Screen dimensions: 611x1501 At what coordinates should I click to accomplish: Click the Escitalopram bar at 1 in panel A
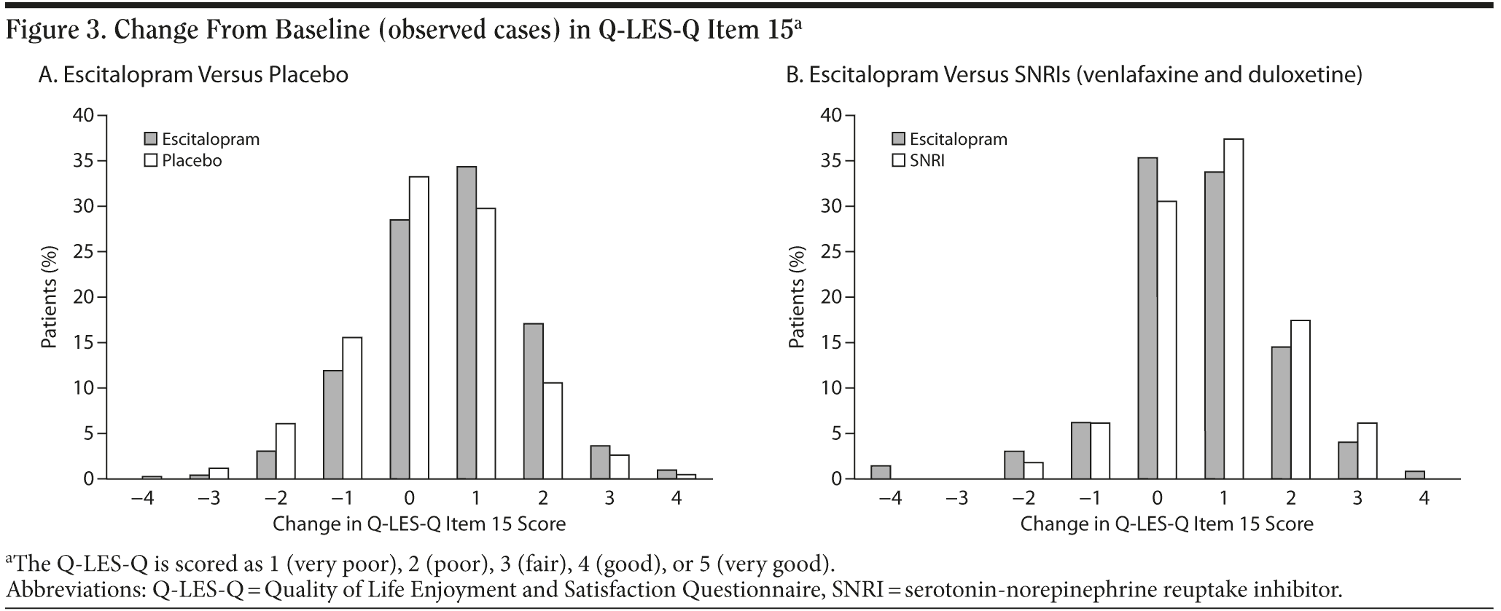point(467,323)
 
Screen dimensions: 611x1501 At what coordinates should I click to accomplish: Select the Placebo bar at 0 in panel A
point(418,328)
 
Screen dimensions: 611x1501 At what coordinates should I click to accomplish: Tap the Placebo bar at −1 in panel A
point(351,408)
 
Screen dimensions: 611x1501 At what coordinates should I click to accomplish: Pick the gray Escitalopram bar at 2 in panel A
point(533,401)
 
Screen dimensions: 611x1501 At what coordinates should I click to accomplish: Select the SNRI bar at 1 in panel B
point(1233,309)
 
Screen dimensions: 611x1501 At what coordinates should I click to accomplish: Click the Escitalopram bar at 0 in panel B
point(1147,318)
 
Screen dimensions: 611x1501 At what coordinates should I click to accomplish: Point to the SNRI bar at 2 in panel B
point(1301,400)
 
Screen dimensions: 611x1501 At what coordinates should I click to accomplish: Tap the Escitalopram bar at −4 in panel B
point(881,472)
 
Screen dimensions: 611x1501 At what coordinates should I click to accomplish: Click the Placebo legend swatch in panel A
point(151,160)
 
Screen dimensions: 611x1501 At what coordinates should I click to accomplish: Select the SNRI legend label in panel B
point(927,160)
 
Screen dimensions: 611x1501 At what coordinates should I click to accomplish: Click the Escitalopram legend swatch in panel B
point(899,139)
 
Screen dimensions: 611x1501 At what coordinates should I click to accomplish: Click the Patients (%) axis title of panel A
point(49,297)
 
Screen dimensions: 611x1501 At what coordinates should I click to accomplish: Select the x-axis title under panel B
point(1166,524)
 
